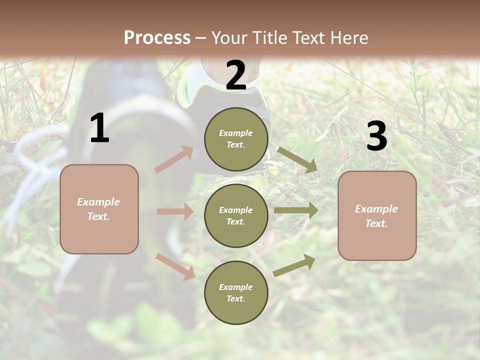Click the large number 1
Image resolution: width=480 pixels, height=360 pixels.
click(x=99, y=128)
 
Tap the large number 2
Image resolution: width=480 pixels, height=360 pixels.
click(x=236, y=76)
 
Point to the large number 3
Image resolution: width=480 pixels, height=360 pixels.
click(x=377, y=136)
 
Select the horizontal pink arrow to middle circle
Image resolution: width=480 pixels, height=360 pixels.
click(x=175, y=211)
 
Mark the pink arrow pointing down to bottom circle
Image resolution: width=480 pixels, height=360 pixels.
click(x=175, y=266)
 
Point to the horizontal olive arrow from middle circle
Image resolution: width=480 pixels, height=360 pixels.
click(x=296, y=210)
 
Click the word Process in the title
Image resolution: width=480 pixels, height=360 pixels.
click(x=157, y=37)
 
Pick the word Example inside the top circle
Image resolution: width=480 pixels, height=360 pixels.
click(x=235, y=133)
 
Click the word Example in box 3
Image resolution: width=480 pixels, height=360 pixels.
click(x=376, y=209)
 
